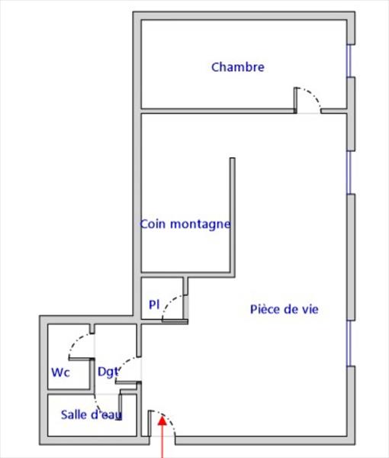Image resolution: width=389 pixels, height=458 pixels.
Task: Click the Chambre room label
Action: click(x=238, y=67)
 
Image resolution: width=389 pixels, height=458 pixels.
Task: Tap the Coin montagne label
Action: click(x=185, y=224)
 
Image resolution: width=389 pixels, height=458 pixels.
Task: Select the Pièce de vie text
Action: click(x=285, y=309)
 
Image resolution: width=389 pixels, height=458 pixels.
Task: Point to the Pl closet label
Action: click(x=154, y=305)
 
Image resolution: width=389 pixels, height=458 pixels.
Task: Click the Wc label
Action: click(x=60, y=373)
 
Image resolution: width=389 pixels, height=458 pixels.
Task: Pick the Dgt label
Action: click(x=108, y=373)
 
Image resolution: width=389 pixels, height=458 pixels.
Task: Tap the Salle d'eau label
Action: click(x=92, y=414)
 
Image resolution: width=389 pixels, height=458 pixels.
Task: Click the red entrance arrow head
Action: click(x=162, y=421)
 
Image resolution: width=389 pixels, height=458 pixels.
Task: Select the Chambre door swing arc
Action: click(x=312, y=95)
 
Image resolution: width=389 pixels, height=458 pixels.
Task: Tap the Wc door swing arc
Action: click(x=76, y=340)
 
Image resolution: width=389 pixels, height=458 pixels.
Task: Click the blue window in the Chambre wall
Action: click(x=349, y=61)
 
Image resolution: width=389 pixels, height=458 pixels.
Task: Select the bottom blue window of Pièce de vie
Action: click(x=349, y=343)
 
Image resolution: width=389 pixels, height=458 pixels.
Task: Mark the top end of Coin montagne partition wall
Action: click(x=233, y=158)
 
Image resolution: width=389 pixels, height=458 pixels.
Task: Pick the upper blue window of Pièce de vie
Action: click(x=349, y=173)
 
